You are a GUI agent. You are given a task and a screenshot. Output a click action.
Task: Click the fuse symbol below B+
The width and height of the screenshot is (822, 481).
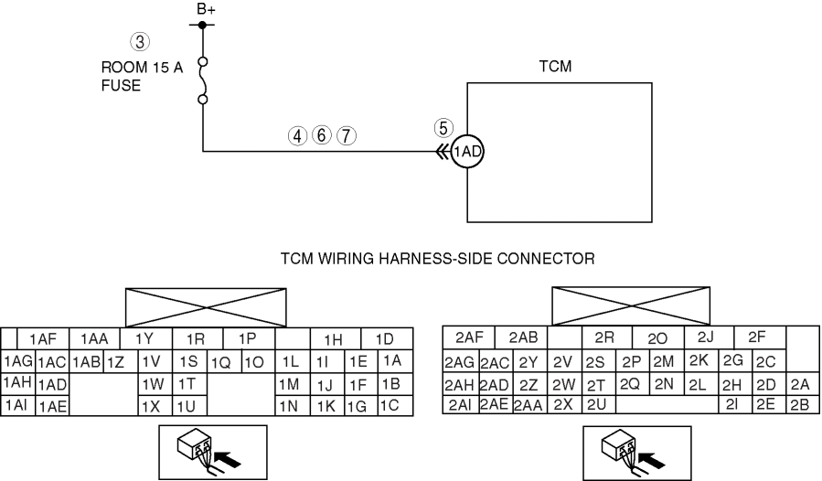coord(202,80)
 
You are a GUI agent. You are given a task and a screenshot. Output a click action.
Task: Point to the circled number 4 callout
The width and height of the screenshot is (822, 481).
coord(297,134)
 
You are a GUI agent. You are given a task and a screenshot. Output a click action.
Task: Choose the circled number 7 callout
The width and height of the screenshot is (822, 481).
coord(345,134)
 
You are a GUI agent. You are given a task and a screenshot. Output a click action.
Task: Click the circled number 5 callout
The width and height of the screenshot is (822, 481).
coord(442,128)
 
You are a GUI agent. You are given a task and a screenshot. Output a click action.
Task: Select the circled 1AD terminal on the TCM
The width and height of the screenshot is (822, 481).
coord(467,153)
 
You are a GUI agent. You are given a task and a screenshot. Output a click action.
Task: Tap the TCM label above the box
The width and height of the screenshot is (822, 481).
coord(560,67)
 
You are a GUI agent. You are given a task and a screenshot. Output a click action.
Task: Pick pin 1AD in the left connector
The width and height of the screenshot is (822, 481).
coord(52,384)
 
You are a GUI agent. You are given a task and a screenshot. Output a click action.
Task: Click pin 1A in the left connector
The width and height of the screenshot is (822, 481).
coord(391,360)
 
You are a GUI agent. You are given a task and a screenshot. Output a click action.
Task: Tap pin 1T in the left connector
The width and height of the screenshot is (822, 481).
coord(187,382)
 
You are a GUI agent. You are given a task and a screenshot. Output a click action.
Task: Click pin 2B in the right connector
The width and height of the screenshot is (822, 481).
coord(801,403)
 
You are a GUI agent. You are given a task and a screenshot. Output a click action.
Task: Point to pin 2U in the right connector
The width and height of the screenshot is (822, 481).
coord(596,403)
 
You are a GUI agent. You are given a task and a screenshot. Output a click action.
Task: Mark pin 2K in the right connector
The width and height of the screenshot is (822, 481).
coord(699,360)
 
